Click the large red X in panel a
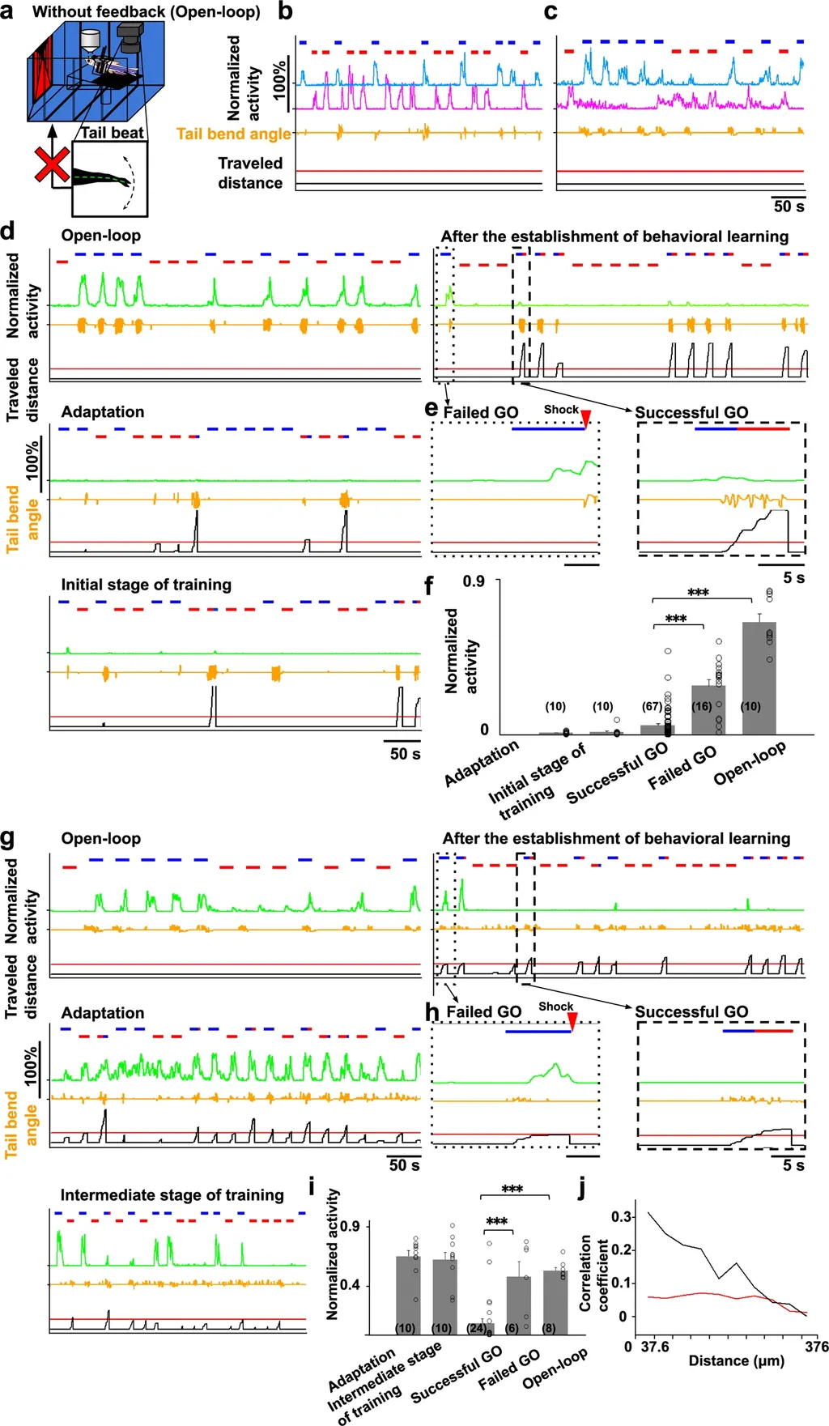52,164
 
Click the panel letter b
285,12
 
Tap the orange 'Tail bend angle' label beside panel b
233,134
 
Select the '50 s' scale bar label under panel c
789,206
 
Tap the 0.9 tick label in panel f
474,581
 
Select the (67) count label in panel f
652,707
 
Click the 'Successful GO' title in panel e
691,412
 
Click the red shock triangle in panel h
572,1023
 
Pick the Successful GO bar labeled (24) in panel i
481,1329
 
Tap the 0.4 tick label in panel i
349,1285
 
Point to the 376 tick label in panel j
816,1347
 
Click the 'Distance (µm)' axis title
736,1360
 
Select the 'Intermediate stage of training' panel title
172,1195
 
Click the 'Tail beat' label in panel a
112,133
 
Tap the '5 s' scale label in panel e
793,578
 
